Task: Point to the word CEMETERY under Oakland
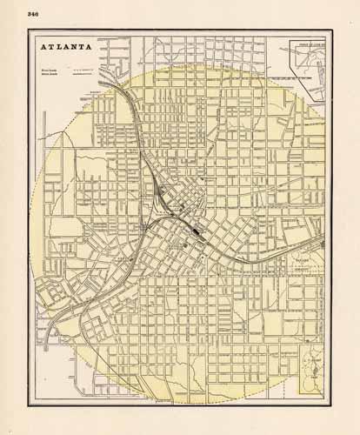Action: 302,270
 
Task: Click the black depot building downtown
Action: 200,231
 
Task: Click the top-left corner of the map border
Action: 29,32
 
